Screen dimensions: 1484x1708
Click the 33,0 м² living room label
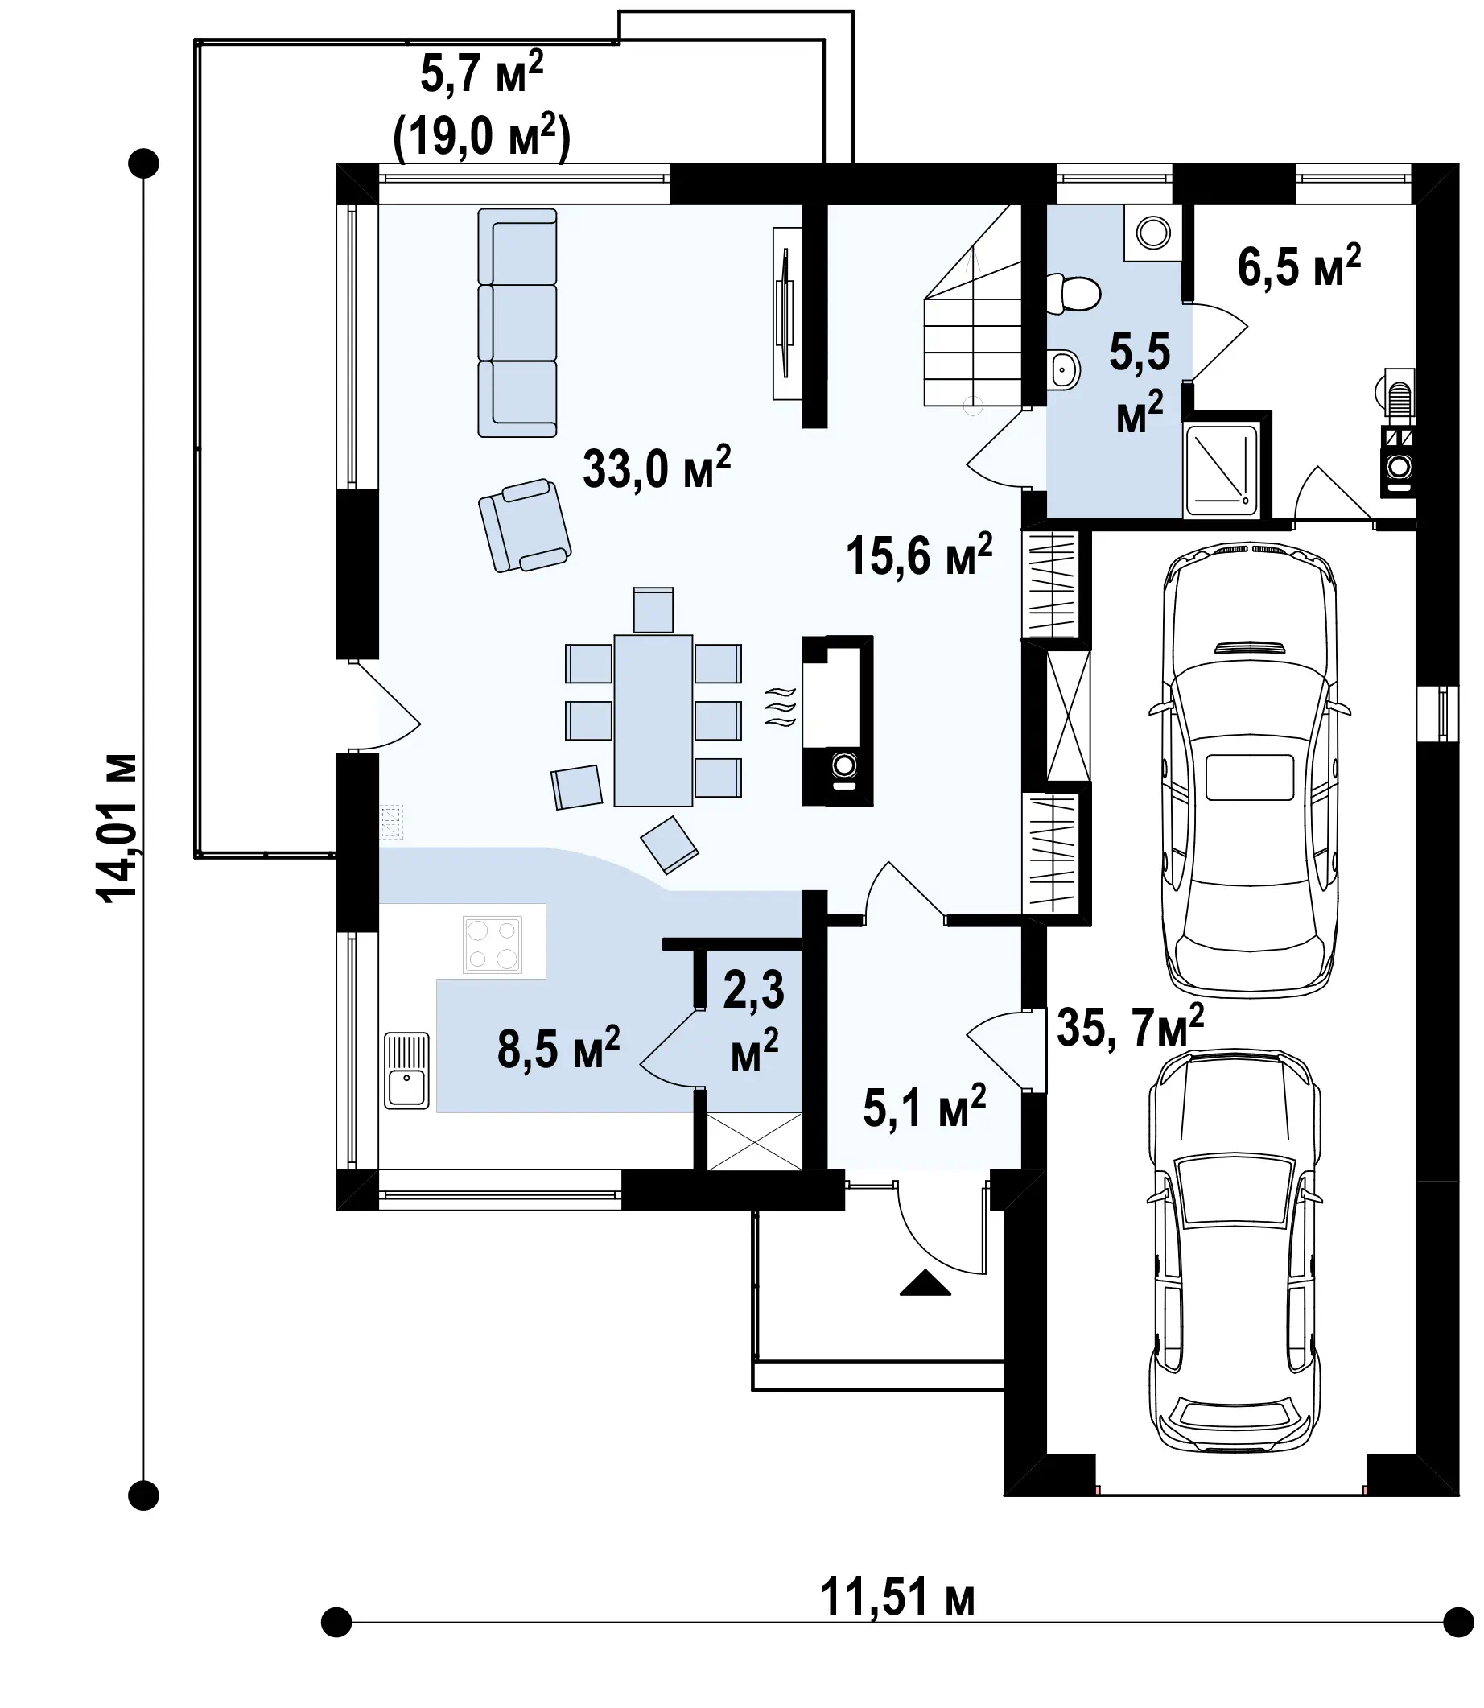657,468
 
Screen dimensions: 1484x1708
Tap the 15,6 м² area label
919,554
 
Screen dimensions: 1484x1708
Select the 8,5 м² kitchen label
559,1048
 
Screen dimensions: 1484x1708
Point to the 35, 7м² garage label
1131,1027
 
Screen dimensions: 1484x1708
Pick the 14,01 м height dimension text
116,827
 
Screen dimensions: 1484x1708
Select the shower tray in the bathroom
1222,468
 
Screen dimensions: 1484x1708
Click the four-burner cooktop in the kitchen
493,944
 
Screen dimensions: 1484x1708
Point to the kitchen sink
406,1071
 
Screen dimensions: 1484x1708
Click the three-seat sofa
517,323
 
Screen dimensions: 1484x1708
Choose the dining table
653,720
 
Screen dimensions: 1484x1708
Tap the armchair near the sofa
524,525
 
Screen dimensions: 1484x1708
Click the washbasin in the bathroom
1063,369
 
